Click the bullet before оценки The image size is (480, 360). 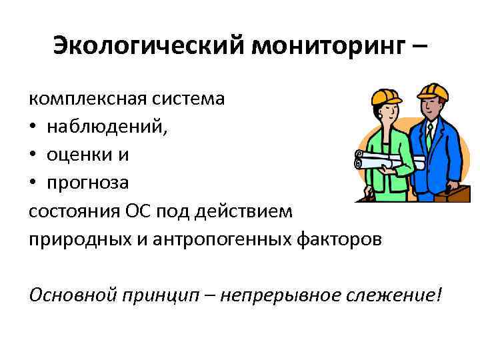coord(33,155)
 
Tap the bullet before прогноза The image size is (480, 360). coord(33,182)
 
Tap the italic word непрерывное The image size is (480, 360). coord(279,293)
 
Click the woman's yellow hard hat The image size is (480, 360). coord(386,96)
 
